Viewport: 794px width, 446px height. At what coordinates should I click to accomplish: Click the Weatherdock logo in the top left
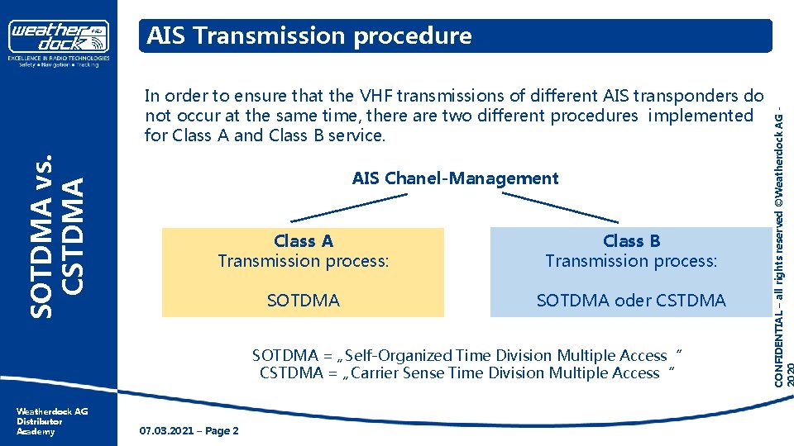point(59,36)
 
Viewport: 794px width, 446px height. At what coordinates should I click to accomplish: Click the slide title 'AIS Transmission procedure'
point(309,36)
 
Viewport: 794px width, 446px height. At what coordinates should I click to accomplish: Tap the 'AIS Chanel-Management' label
point(455,178)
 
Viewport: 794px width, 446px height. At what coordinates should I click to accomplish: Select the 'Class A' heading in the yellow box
point(304,241)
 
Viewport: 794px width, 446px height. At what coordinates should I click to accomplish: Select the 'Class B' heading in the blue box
point(631,241)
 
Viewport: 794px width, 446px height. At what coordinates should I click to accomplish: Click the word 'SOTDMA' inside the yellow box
point(304,301)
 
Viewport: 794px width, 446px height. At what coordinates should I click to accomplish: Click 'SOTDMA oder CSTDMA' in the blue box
point(631,301)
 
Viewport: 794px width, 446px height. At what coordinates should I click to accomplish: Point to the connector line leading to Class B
point(560,206)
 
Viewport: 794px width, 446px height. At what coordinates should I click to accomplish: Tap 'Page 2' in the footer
point(222,431)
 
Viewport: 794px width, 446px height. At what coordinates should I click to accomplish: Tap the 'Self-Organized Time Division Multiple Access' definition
point(506,355)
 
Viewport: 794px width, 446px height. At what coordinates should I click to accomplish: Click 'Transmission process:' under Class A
point(304,261)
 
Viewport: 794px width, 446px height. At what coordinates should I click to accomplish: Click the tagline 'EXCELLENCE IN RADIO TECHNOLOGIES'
point(59,59)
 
